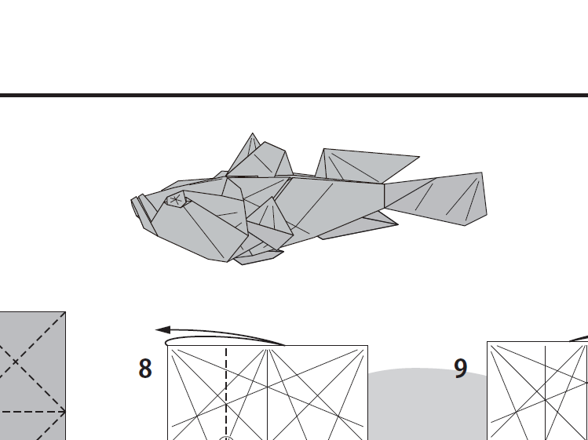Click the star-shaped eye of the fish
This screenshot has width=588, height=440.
[x=176, y=201]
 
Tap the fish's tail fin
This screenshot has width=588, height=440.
[x=444, y=199]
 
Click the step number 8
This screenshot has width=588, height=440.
[x=145, y=369]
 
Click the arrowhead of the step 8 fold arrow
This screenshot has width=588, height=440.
[x=160, y=331]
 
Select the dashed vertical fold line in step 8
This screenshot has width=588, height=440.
[x=226, y=392]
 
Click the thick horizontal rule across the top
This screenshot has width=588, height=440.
[x=294, y=96]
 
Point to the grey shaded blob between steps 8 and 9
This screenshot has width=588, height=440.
[x=424, y=400]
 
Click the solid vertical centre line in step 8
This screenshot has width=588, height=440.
[x=268, y=392]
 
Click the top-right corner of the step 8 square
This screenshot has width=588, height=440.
[x=367, y=346]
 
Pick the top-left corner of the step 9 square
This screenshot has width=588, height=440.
[x=488, y=342]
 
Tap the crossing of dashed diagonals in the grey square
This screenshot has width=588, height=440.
[x=14, y=362]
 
